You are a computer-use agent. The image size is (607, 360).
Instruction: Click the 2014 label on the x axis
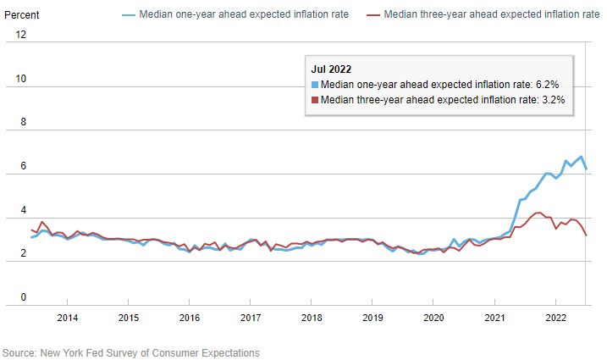[x=68, y=318]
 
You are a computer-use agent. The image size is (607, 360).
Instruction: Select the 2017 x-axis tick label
[x=251, y=318]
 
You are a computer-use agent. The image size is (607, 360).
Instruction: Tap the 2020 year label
[x=433, y=318]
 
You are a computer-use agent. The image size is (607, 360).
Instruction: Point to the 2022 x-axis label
[x=555, y=318]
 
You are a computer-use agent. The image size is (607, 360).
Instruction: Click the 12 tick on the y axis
[x=21, y=35]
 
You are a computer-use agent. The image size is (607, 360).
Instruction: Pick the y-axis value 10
[x=21, y=79]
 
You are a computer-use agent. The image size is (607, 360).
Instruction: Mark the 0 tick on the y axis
[x=24, y=297]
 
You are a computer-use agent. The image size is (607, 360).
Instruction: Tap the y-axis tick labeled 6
[x=24, y=166]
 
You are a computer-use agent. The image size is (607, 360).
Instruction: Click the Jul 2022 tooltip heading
[x=332, y=69]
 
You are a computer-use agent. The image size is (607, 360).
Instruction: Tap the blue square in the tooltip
[x=316, y=84]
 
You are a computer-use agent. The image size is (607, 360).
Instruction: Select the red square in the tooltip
[x=316, y=99]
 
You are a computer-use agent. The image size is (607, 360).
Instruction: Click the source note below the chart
[x=131, y=352]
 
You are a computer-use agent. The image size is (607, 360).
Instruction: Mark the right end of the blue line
[x=587, y=169]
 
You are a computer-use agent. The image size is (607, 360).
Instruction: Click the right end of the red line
[x=587, y=235]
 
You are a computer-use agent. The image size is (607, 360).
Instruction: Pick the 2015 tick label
[x=129, y=318]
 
